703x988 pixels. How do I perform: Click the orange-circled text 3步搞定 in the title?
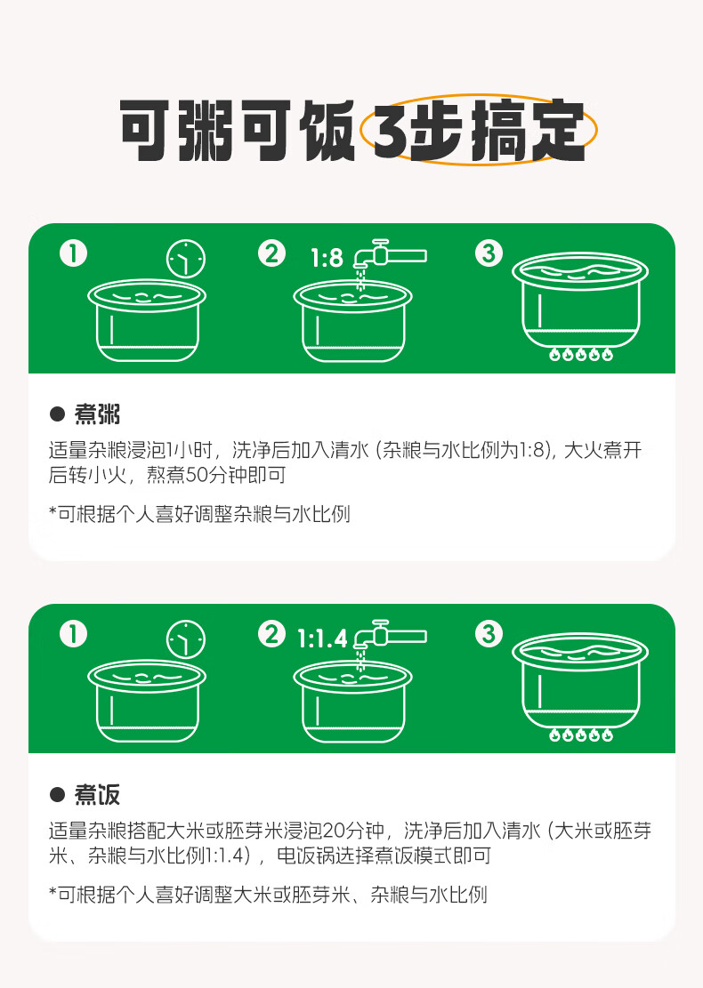pyautogui.click(x=478, y=130)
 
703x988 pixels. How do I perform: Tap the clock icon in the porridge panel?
pyautogui.click(x=185, y=259)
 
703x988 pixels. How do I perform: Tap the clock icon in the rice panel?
pyautogui.click(x=185, y=639)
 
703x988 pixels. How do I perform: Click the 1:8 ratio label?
pyautogui.click(x=327, y=257)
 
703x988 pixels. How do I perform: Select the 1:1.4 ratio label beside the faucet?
pyautogui.click(x=322, y=639)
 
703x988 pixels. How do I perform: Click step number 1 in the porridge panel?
pyautogui.click(x=73, y=253)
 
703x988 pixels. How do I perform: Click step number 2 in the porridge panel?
pyautogui.click(x=271, y=253)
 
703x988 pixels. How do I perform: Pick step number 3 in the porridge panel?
pyautogui.click(x=489, y=253)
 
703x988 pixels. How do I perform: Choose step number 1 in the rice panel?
pyautogui.click(x=73, y=634)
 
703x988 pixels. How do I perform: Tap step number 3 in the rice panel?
pyautogui.click(x=489, y=634)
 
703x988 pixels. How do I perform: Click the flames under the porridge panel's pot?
pyautogui.click(x=581, y=354)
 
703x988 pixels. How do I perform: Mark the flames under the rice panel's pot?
pyautogui.click(x=581, y=735)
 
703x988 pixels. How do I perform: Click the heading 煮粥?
pyautogui.click(x=97, y=414)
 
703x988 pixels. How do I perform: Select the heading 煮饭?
pyautogui.click(x=97, y=794)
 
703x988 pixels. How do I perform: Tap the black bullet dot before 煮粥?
pyautogui.click(x=57, y=414)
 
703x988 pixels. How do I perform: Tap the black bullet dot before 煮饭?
pyautogui.click(x=57, y=794)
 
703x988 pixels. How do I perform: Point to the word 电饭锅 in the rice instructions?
pyautogui.click(x=306, y=855)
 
